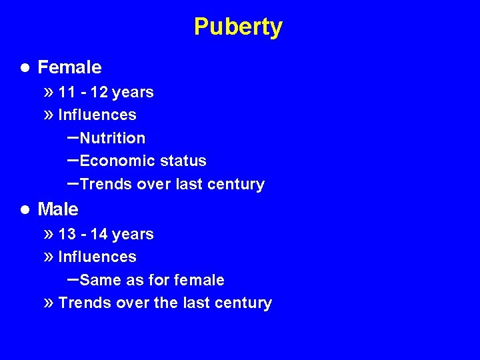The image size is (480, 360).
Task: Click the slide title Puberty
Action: click(x=238, y=27)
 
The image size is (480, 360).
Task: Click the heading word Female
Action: click(x=69, y=67)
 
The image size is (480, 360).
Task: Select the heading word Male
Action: click(x=58, y=209)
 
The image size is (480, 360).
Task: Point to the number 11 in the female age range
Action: click(x=66, y=92)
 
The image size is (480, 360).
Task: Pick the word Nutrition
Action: click(x=112, y=138)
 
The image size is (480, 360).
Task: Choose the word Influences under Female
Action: click(x=97, y=115)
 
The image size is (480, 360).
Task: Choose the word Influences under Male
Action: click(x=97, y=257)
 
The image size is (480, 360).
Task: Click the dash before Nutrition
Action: click(x=73, y=137)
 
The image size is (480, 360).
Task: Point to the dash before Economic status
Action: click(x=73, y=160)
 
